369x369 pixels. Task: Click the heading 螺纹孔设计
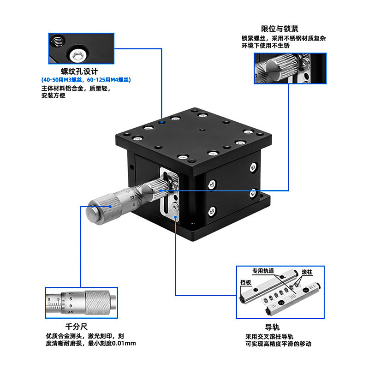79,71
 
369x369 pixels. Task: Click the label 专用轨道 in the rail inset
262,271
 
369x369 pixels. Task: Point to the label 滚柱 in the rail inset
306,272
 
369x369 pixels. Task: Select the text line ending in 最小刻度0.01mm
90,344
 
